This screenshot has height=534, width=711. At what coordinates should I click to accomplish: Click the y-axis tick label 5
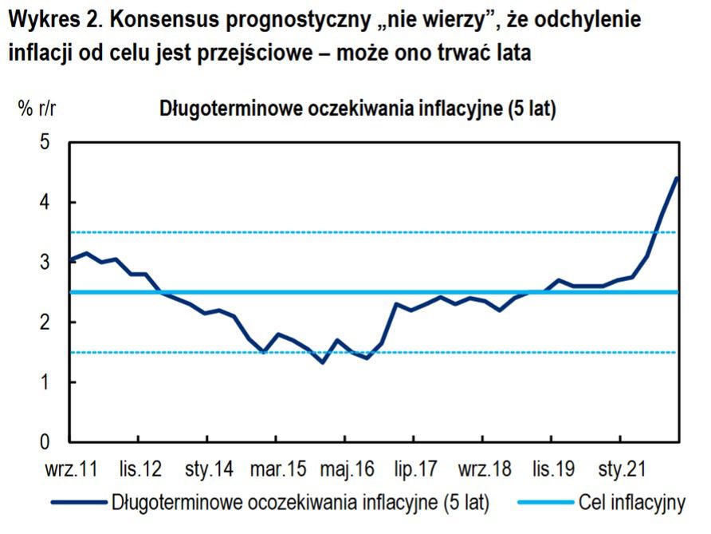(45, 143)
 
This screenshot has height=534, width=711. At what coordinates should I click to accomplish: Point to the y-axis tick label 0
(45, 442)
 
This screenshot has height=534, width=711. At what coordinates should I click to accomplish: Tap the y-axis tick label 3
(45, 263)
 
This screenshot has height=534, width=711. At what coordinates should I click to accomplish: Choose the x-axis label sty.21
(620, 469)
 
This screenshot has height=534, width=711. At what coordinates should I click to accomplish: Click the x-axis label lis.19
(552, 469)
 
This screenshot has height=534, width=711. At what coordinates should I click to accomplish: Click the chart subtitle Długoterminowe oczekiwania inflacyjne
(358, 109)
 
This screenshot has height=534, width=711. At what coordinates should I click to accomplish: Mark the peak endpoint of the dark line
(677, 177)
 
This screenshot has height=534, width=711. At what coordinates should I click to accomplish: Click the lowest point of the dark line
(323, 362)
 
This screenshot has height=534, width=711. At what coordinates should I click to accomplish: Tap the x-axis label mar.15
(276, 469)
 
